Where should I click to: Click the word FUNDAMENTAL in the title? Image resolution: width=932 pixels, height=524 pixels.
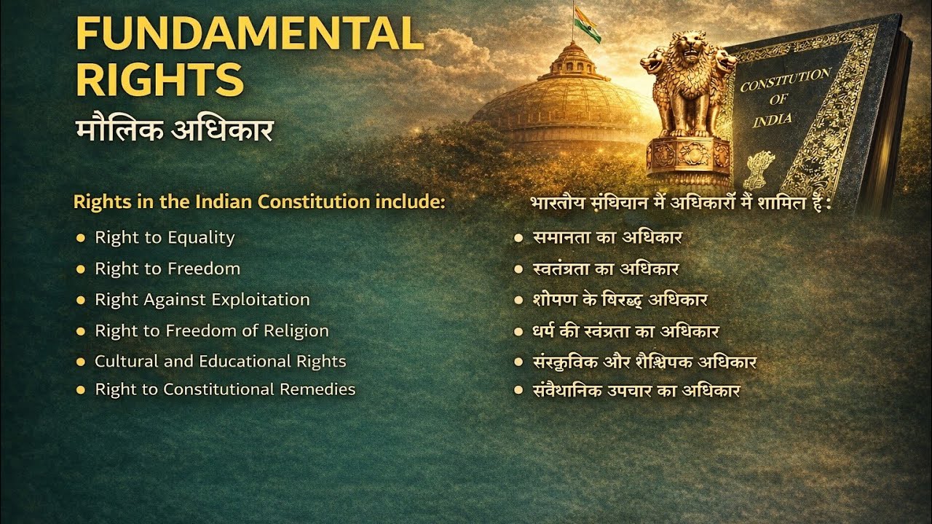249,33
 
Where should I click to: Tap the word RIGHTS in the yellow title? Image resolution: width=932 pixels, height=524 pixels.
159,79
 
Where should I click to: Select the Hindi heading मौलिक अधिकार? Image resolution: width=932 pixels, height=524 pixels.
174,130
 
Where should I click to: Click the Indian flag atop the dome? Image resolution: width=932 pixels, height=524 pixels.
586,25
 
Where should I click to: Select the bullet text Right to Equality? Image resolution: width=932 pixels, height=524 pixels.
165,237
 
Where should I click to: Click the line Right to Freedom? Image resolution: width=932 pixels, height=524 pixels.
167,269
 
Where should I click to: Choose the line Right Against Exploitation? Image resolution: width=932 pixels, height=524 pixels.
202,299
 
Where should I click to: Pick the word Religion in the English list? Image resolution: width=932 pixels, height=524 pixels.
296,330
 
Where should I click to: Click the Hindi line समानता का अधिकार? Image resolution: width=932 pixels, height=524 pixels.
607,237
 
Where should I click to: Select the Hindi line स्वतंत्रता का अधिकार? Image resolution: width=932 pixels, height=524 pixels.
606,269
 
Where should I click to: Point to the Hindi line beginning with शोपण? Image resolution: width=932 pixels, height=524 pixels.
620,300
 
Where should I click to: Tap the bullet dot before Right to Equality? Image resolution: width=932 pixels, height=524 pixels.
81,237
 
